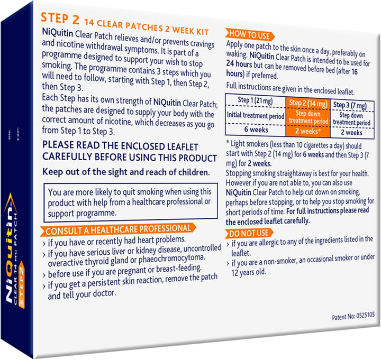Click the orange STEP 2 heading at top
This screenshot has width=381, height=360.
[x=61, y=19]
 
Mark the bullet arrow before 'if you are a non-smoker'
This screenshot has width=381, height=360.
[x=229, y=263]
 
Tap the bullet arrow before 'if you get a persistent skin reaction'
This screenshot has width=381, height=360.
[x=44, y=285]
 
